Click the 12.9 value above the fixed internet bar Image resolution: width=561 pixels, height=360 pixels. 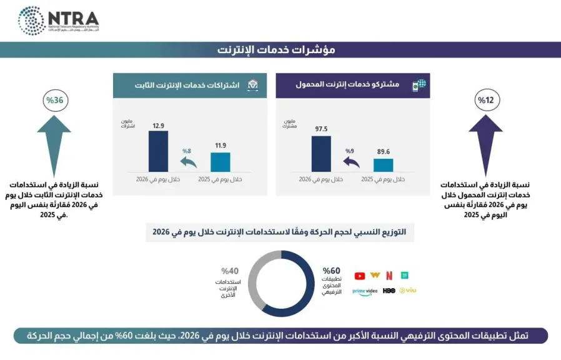pos(158,126)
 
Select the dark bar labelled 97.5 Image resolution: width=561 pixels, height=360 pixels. pos(321,153)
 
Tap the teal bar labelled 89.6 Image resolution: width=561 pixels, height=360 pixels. pos(384,164)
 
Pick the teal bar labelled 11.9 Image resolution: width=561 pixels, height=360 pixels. pos(220,161)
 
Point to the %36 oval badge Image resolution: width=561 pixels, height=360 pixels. pos(54,100)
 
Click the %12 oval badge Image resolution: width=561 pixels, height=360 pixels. pos(485,100)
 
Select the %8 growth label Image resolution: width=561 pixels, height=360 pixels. pos(186,151)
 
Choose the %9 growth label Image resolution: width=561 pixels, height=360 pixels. pos(349,151)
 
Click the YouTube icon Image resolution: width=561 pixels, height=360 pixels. pos(360,275)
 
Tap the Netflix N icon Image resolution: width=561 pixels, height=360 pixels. pos(389,275)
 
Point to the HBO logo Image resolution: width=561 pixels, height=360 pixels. pos(389,290)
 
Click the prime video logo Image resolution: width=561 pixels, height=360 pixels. pos(365,291)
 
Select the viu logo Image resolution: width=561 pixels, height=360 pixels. pos(408,290)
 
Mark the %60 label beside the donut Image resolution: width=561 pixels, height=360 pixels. pos(331,270)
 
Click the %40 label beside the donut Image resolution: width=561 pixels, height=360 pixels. pos(230,271)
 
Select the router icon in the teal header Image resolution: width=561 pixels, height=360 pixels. pos(254,85)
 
